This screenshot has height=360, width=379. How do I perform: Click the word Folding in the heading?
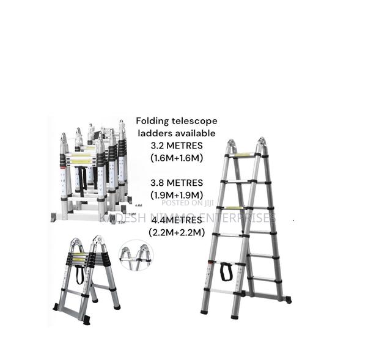[x=153, y=121]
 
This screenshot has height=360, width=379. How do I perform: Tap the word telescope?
[x=194, y=121]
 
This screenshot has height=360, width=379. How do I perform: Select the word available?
[x=194, y=133]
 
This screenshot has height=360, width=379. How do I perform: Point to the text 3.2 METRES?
[x=176, y=145]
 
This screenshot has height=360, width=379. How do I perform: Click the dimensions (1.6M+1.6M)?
[x=176, y=158]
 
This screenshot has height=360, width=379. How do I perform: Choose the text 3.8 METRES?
[x=176, y=182]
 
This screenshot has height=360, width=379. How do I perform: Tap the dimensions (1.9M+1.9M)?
[x=176, y=194]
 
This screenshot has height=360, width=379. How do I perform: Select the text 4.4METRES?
[x=176, y=219]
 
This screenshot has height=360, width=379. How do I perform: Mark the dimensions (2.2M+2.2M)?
[x=176, y=232]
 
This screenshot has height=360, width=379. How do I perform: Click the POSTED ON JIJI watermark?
[x=187, y=204]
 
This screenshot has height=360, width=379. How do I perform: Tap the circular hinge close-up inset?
[x=136, y=255]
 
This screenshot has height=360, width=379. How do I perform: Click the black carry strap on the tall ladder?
[x=226, y=271]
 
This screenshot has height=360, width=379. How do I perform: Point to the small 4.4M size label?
[x=138, y=206]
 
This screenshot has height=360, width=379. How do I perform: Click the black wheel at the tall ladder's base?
[x=288, y=299]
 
